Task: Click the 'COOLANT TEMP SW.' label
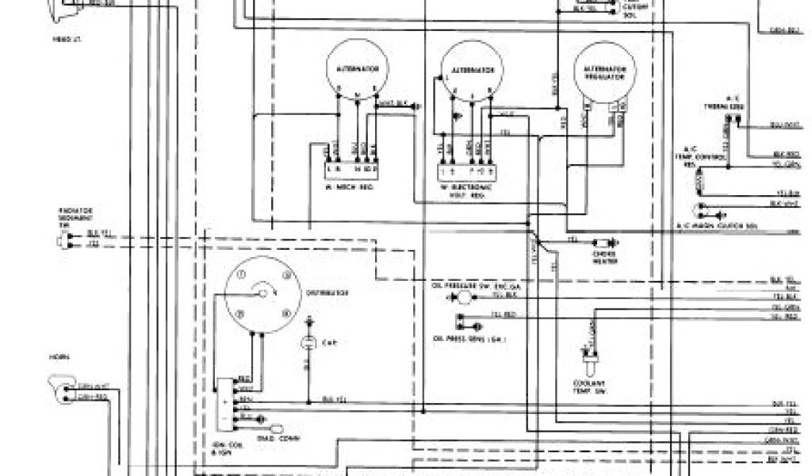(588, 390)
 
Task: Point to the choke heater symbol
(608, 242)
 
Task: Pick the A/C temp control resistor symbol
(699, 184)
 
